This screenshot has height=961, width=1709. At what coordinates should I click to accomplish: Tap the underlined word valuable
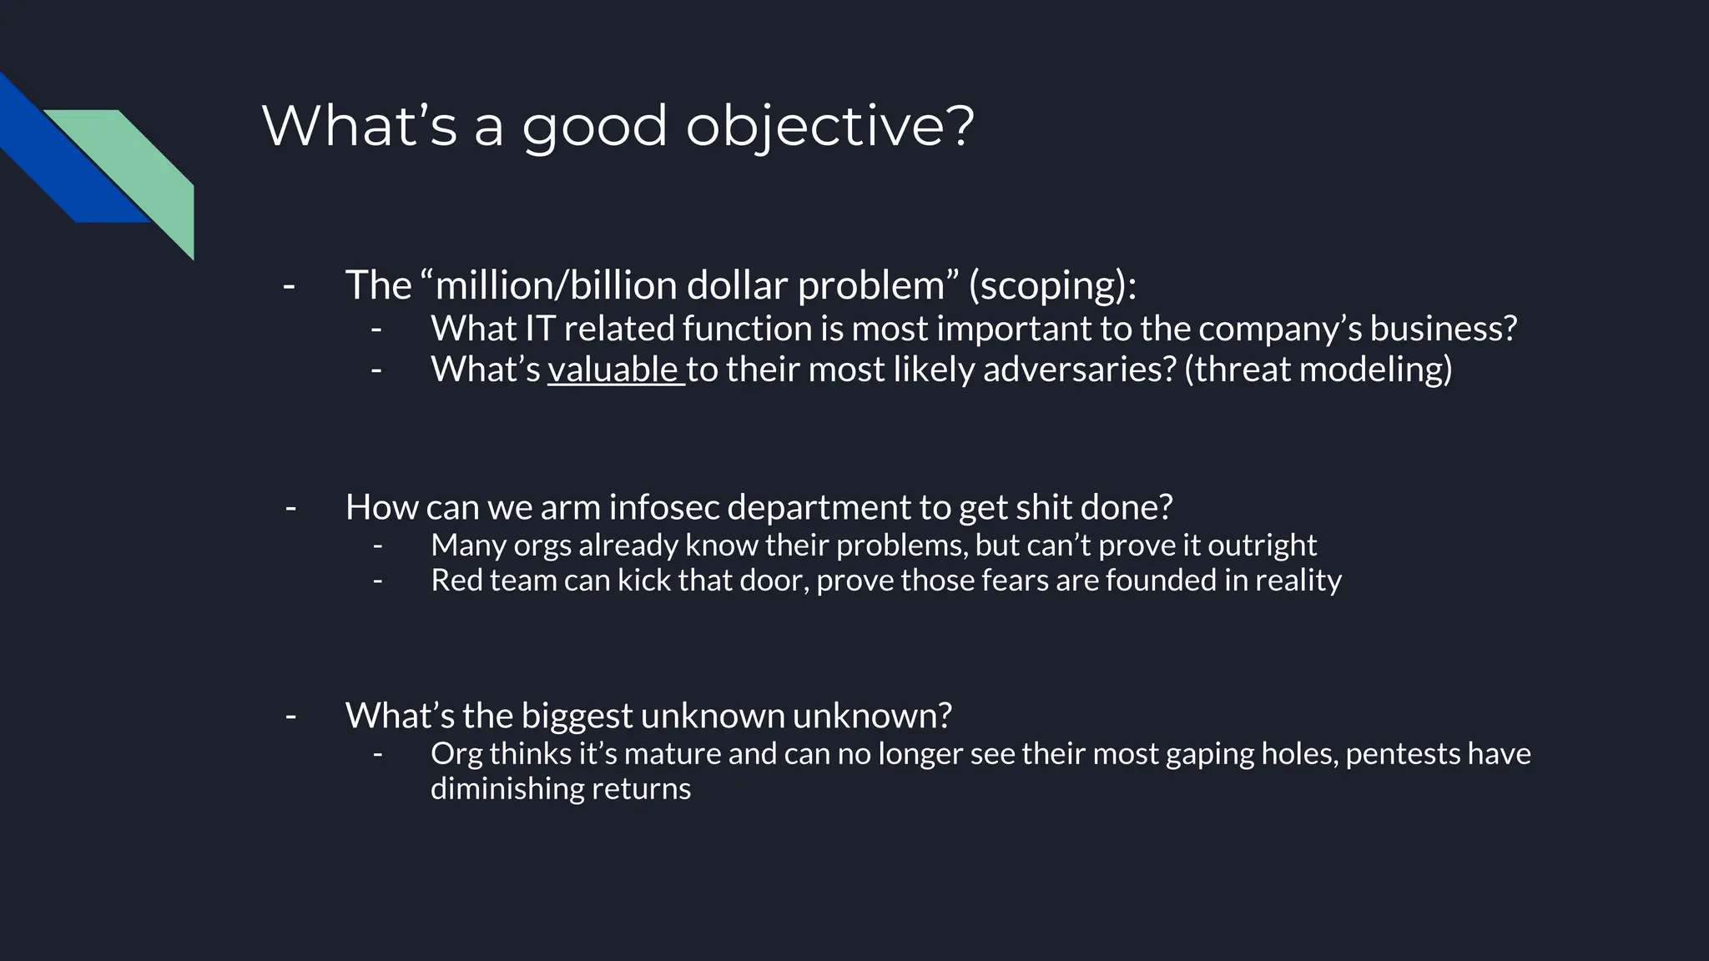613,370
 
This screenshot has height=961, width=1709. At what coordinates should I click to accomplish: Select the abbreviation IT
540,329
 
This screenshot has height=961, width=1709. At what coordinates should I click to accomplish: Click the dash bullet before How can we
290,507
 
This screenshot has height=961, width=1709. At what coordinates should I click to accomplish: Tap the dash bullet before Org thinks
378,754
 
